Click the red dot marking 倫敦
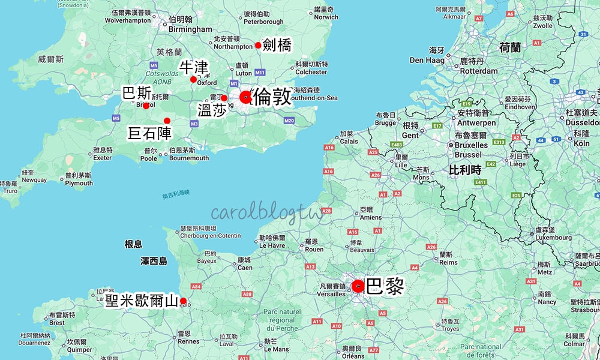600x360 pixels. pos(245,97)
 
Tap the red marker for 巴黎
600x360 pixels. pos(358,286)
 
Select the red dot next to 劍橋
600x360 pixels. pos(258,45)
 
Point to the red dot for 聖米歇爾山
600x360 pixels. pos(183,301)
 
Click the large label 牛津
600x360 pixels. pos(194,68)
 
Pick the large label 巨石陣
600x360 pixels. pos(149,133)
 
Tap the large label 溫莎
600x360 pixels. pos(212,109)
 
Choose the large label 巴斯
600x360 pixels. pos(136,93)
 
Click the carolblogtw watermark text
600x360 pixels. pos(266,214)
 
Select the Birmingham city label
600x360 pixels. pos(191,29)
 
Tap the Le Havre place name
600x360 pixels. pos(271,245)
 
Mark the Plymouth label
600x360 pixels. pos(79,183)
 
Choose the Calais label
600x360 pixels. pos(349,142)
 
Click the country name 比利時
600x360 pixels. pos(466,170)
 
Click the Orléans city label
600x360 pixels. pos(352,356)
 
